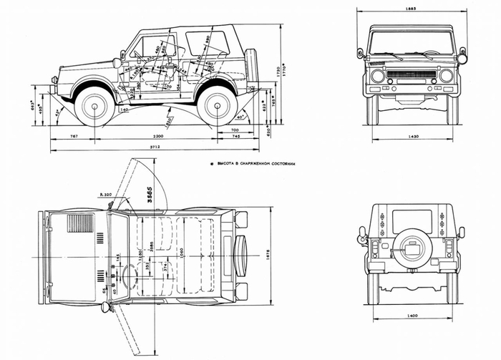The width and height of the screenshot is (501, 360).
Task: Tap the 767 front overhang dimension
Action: click(74, 135)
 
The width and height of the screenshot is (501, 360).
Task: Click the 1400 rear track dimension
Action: click(411, 315)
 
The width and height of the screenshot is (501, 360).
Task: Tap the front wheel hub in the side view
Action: click(94, 106)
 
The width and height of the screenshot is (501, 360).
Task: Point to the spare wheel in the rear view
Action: click(411, 248)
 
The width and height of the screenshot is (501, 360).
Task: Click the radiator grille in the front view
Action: click(412, 74)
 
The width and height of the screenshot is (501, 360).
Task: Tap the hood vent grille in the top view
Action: click(80, 223)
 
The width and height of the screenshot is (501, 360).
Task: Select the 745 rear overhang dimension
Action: click(235, 135)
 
